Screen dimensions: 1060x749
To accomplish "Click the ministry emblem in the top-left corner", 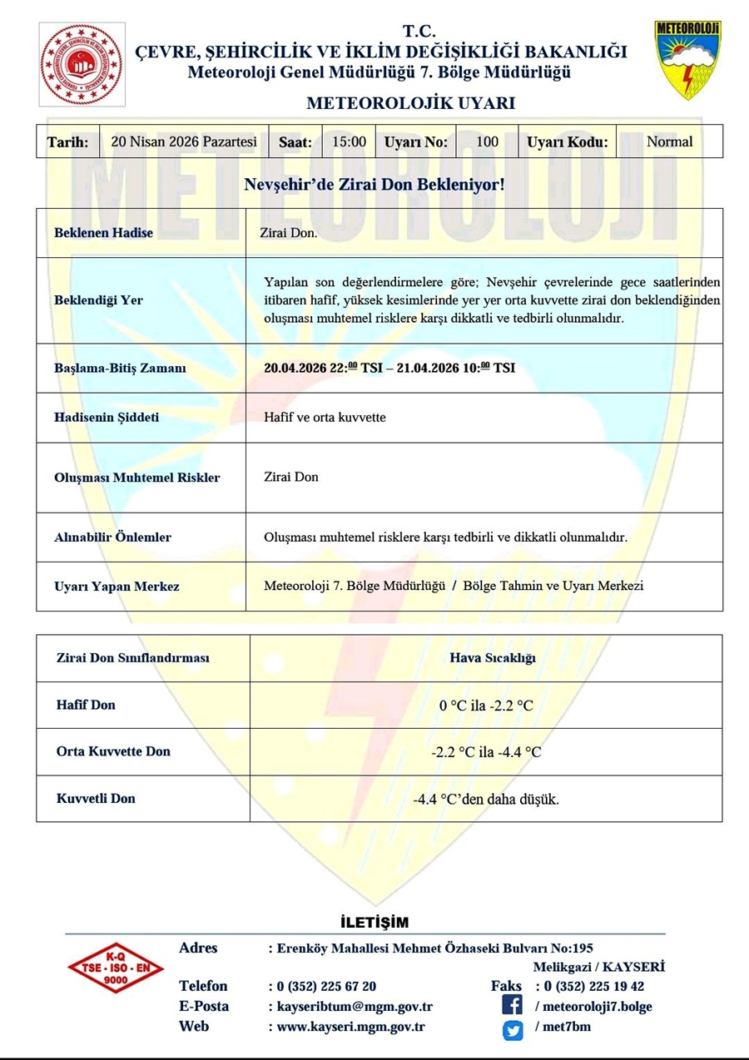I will tap(82, 65).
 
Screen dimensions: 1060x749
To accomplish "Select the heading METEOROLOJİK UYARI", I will tap(411, 104).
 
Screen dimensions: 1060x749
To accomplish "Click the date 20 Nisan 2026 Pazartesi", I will tap(184, 141).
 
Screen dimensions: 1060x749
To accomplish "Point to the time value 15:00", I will tap(349, 141).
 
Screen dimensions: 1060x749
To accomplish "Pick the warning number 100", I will tap(487, 141).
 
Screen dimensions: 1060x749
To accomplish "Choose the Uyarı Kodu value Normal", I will tap(669, 141).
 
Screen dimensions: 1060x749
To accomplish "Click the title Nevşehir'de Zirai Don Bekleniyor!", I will tap(374, 183).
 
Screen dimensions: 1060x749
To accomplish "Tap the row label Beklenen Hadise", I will tap(104, 233).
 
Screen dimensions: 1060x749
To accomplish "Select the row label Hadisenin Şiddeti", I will tap(107, 417).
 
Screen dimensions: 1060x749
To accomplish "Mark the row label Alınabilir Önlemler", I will tap(112, 537).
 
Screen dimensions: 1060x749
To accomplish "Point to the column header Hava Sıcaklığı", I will tap(492, 657).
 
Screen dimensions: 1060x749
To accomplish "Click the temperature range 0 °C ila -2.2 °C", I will tap(486, 706).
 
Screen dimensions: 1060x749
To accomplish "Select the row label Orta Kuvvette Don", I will tap(113, 751).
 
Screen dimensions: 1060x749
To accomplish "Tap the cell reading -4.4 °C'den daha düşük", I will tap(486, 800).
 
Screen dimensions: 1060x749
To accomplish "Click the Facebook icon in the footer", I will tap(513, 1006).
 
